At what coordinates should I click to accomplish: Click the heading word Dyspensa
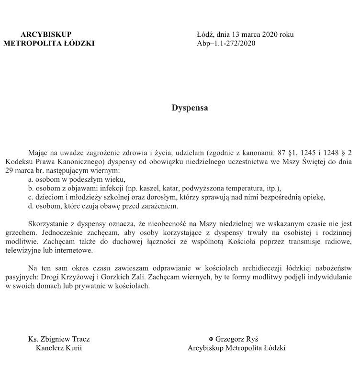click(x=190, y=108)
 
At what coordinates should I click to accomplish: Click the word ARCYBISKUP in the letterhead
click(x=46, y=34)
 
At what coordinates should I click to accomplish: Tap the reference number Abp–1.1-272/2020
click(x=226, y=44)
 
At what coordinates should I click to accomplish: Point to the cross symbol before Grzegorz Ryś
click(x=211, y=339)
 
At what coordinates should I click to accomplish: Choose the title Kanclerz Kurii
click(x=59, y=348)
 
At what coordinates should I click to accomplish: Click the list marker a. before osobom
click(x=31, y=179)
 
